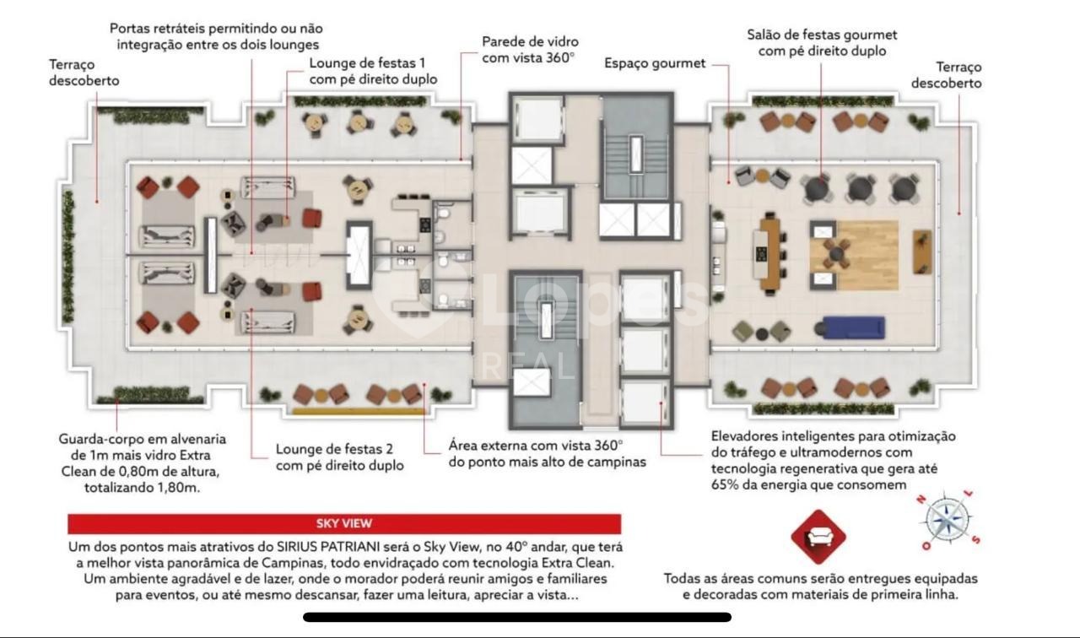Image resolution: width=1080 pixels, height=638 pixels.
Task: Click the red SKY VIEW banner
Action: pyautogui.click(x=344, y=524)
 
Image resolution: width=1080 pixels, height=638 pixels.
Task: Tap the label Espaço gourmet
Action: pyautogui.click(x=655, y=63)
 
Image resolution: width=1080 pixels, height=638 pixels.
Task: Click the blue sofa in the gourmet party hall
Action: pyautogui.click(x=853, y=327)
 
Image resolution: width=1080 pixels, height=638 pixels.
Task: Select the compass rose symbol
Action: pyautogui.click(x=948, y=520)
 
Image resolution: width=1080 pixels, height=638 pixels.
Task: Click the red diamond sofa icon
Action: pyautogui.click(x=818, y=537)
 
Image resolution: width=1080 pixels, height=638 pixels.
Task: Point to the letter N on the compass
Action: pyautogui.click(x=921, y=499)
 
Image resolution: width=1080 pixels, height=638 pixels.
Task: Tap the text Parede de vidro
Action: pyautogui.click(x=530, y=41)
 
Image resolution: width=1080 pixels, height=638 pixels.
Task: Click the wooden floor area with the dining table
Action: pyautogui.click(x=854, y=255)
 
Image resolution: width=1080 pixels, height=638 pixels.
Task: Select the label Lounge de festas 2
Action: pyautogui.click(x=334, y=449)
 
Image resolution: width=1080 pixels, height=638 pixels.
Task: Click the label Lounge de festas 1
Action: pyautogui.click(x=367, y=63)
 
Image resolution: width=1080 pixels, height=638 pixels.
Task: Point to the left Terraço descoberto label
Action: pyautogui.click(x=84, y=73)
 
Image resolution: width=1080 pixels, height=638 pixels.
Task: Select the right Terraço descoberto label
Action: pyautogui.click(x=946, y=75)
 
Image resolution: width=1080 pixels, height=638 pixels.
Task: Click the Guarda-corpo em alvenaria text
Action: pyautogui.click(x=143, y=439)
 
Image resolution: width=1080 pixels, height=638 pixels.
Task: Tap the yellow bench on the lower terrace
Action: pyautogui.click(x=359, y=411)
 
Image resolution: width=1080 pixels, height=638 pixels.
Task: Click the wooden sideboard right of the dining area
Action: pyautogui.click(x=922, y=251)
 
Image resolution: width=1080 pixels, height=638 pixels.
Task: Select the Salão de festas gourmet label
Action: pyautogui.click(x=822, y=35)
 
